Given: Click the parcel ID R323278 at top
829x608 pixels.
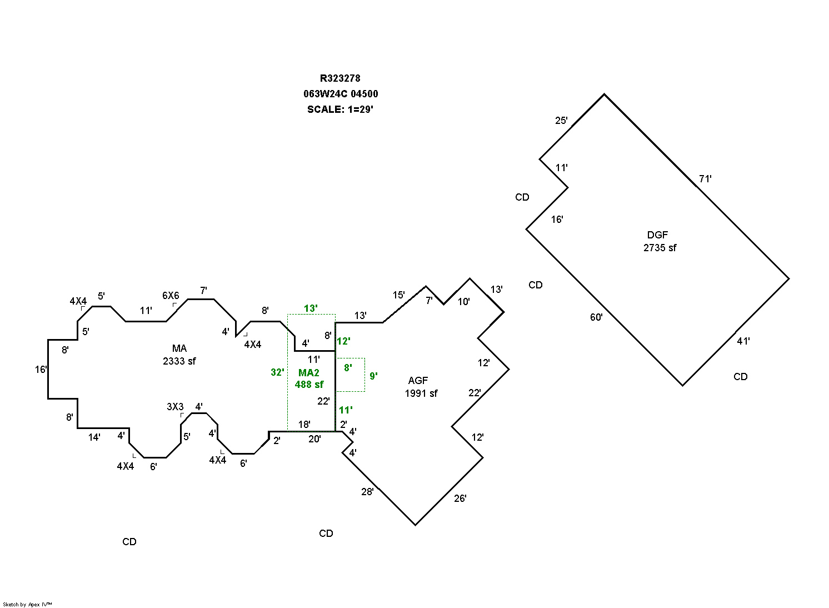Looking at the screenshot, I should tap(340, 78).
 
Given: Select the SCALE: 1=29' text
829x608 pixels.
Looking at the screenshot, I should tap(340, 109).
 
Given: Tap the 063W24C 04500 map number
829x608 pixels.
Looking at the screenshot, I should tap(341, 94).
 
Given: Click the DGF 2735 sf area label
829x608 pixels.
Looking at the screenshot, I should tap(659, 242).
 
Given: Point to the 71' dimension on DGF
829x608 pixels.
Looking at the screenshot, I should tap(705, 179).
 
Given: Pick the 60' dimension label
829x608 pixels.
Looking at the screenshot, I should tap(596, 317).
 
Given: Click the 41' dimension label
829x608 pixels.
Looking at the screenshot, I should tap(743, 341).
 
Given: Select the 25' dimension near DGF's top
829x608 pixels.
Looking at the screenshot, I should tap(562, 120).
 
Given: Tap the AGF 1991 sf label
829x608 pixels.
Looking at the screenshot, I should tap(421, 387).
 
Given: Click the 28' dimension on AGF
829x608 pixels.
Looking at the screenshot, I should tap(367, 491).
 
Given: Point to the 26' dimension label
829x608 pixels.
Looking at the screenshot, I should tap(460, 499).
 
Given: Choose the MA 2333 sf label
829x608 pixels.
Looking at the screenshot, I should tap(179, 355).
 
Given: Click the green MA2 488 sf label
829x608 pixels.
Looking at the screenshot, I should tap(309, 378).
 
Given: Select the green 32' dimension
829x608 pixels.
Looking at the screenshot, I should tap(277, 372).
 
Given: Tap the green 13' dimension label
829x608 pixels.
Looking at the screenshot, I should tap(311, 308).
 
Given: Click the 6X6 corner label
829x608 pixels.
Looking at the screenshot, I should tap(171, 296).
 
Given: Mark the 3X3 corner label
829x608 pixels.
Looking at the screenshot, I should tap(176, 407).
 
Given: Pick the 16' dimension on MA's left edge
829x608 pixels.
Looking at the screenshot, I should tap(41, 369).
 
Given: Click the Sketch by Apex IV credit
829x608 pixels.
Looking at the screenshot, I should tap(27, 605).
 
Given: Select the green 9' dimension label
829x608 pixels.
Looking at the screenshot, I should tap(373, 376).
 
